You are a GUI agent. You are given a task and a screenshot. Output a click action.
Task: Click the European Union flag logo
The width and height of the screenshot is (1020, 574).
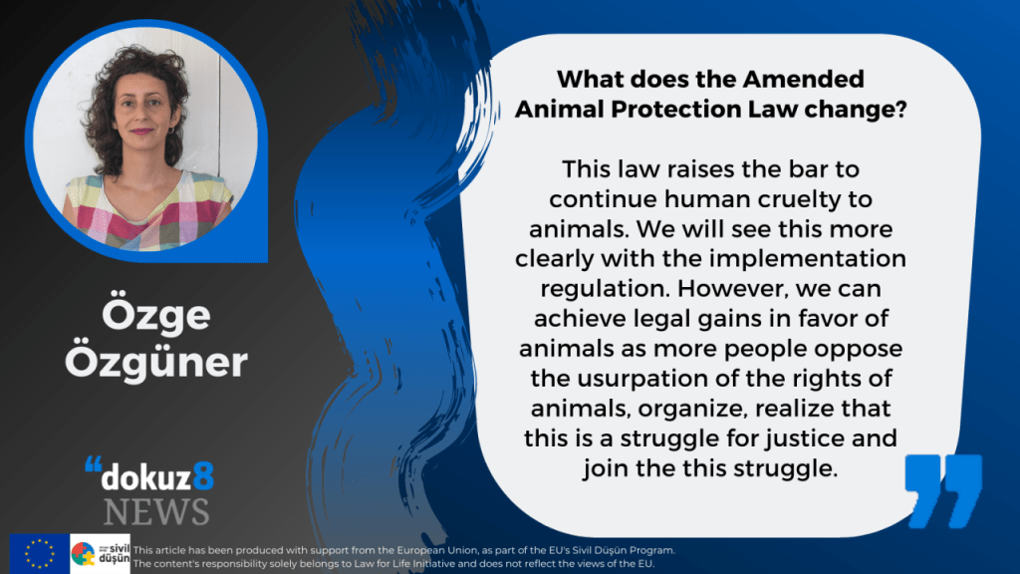(39, 553)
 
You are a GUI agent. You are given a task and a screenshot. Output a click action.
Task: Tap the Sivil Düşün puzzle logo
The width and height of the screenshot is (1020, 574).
(100, 553)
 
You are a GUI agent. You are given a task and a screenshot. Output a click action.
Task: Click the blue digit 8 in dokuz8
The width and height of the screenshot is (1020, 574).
(203, 476)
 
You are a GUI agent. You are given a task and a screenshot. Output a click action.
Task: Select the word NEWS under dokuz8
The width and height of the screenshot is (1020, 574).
(156, 511)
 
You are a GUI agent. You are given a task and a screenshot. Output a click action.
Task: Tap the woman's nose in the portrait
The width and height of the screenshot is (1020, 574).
(141, 115)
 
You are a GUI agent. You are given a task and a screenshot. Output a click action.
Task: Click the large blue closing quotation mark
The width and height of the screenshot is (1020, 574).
(943, 490)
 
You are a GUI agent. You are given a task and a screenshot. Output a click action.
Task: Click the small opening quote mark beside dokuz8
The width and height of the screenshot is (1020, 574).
(93, 464)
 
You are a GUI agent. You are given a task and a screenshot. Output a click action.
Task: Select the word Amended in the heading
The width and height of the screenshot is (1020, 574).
(804, 80)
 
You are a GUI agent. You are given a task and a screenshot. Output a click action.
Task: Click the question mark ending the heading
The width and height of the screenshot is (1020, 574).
(900, 109)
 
